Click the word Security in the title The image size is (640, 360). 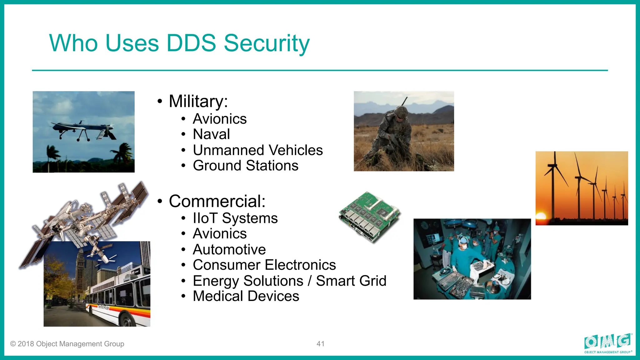(x=266, y=43)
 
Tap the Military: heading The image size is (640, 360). (x=198, y=101)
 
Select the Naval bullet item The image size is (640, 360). (x=211, y=134)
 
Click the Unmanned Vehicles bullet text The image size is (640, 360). (x=257, y=150)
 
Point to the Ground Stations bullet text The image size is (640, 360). (x=245, y=166)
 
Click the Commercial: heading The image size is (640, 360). (x=217, y=201)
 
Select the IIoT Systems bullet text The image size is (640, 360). (x=235, y=218)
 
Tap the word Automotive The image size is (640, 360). (x=229, y=249)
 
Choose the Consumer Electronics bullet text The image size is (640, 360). (x=264, y=265)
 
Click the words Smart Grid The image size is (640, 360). (x=351, y=281)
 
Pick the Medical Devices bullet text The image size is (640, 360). (x=246, y=296)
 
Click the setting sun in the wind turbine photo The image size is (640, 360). (x=541, y=216)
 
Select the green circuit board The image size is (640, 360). (x=370, y=216)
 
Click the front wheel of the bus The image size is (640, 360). (x=126, y=321)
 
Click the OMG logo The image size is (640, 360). (x=607, y=343)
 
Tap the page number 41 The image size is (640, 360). (x=320, y=344)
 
